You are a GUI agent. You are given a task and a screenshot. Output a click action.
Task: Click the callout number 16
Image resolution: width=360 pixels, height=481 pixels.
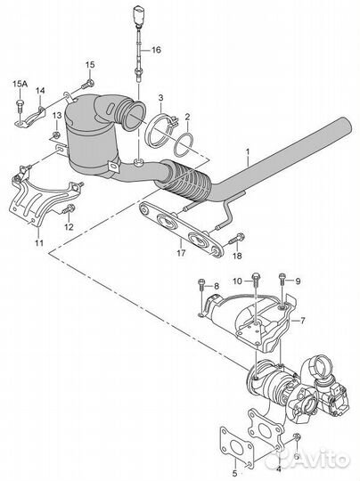click(x=156, y=50)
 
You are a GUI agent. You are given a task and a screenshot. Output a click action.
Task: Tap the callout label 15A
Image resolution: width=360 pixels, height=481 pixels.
click(x=20, y=84)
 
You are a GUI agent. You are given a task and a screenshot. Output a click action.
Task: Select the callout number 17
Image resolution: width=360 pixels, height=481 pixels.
click(x=181, y=253)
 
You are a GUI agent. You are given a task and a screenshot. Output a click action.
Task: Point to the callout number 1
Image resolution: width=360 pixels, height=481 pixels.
click(x=248, y=152)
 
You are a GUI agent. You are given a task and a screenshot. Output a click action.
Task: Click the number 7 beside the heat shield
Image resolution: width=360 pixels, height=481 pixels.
click(x=303, y=321)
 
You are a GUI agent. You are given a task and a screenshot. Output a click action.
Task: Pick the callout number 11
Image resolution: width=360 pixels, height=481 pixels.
click(x=38, y=243)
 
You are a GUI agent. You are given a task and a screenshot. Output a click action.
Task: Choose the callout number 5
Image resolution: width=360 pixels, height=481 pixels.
click(x=234, y=473)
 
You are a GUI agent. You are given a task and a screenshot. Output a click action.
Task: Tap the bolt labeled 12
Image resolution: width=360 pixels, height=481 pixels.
click(x=69, y=209)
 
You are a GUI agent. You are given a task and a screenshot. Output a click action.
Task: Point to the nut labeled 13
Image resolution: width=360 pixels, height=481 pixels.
click(x=56, y=135)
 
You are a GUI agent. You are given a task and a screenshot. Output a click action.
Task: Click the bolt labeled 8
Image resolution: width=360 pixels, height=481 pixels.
click(x=201, y=285)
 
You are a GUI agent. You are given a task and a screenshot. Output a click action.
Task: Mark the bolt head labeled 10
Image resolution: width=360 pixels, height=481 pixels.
click(x=256, y=278)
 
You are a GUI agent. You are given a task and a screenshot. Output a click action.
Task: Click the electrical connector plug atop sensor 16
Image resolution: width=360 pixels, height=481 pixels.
click(x=137, y=14)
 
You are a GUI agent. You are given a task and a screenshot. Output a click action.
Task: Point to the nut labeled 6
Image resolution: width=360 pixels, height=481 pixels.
click(x=297, y=436)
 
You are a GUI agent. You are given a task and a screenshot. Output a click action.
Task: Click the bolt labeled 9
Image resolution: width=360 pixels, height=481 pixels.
click(x=282, y=279)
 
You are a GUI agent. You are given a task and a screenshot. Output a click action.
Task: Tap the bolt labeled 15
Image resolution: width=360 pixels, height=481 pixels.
click(x=87, y=84)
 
